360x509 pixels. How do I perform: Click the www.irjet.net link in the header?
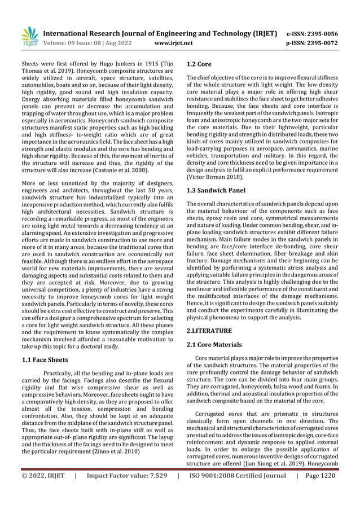click(x=173, y=42)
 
